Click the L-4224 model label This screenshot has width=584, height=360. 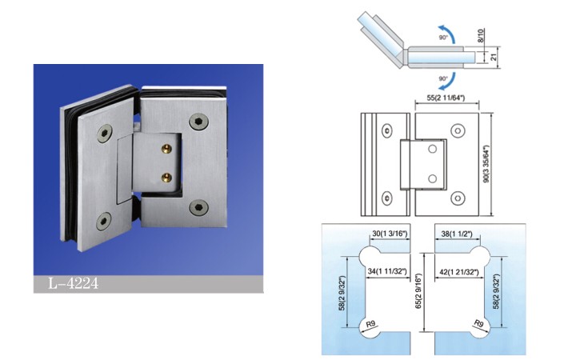click(x=74, y=284)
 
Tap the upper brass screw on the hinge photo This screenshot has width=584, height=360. click(x=166, y=150)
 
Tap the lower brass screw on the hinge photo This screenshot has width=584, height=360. click(x=167, y=178)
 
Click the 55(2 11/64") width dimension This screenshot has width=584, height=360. click(x=446, y=98)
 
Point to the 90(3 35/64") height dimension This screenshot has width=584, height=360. click(x=486, y=164)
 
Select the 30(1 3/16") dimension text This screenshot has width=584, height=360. click(x=390, y=234)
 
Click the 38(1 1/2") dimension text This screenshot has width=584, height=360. click(x=457, y=234)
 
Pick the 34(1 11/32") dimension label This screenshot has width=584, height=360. click(x=387, y=271)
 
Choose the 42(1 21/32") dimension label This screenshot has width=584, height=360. click(x=459, y=272)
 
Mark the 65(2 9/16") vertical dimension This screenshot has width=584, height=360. click(x=418, y=291)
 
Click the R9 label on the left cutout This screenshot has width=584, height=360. click(x=370, y=324)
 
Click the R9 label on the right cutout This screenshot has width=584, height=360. click(x=478, y=323)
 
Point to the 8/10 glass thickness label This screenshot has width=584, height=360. click(x=480, y=36)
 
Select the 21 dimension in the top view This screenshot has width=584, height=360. click(x=494, y=58)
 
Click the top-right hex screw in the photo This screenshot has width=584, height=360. click(x=198, y=122)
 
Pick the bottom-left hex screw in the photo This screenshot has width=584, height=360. click(x=103, y=221)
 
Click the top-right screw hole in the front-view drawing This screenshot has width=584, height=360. click(x=458, y=130)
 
